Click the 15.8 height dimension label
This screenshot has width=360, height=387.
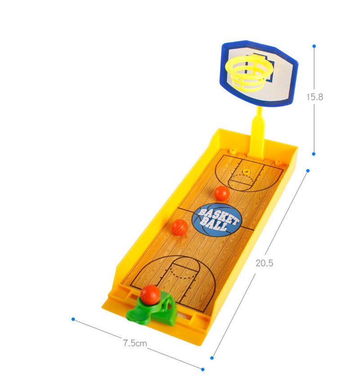pyautogui.click(x=315, y=97)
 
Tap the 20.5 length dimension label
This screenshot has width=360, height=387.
pyautogui.click(x=264, y=263)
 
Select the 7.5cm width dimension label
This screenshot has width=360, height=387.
pyautogui.click(x=135, y=343)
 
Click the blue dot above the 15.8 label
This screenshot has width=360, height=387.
pyautogui.click(x=314, y=46)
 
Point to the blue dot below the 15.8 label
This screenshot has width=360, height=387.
pyautogui.click(x=314, y=154)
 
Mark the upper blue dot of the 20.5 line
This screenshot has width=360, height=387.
pyautogui.click(x=308, y=171)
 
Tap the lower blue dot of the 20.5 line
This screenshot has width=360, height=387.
pyautogui.click(x=212, y=358)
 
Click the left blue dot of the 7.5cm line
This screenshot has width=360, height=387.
pyautogui.click(x=73, y=319)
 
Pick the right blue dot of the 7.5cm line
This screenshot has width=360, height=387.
pyautogui.click(x=202, y=369)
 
